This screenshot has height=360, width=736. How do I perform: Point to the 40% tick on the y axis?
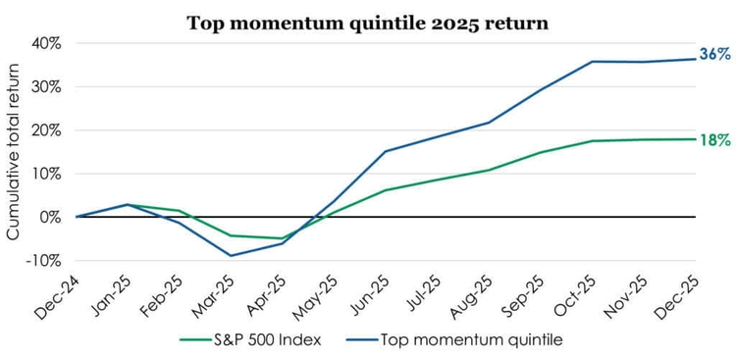(46, 43)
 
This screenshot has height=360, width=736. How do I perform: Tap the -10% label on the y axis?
(44, 261)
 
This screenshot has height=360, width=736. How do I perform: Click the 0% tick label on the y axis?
(50, 217)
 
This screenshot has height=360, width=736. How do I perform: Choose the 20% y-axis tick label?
(46, 130)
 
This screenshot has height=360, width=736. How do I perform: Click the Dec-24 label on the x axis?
(64, 293)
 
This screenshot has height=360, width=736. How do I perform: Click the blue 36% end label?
(714, 55)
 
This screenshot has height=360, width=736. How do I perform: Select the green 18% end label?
(714, 140)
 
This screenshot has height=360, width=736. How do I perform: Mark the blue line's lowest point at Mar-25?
(231, 256)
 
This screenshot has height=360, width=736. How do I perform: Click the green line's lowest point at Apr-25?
(283, 238)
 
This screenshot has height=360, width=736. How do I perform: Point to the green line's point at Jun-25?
(386, 189)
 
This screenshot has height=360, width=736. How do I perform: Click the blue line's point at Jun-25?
(386, 151)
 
